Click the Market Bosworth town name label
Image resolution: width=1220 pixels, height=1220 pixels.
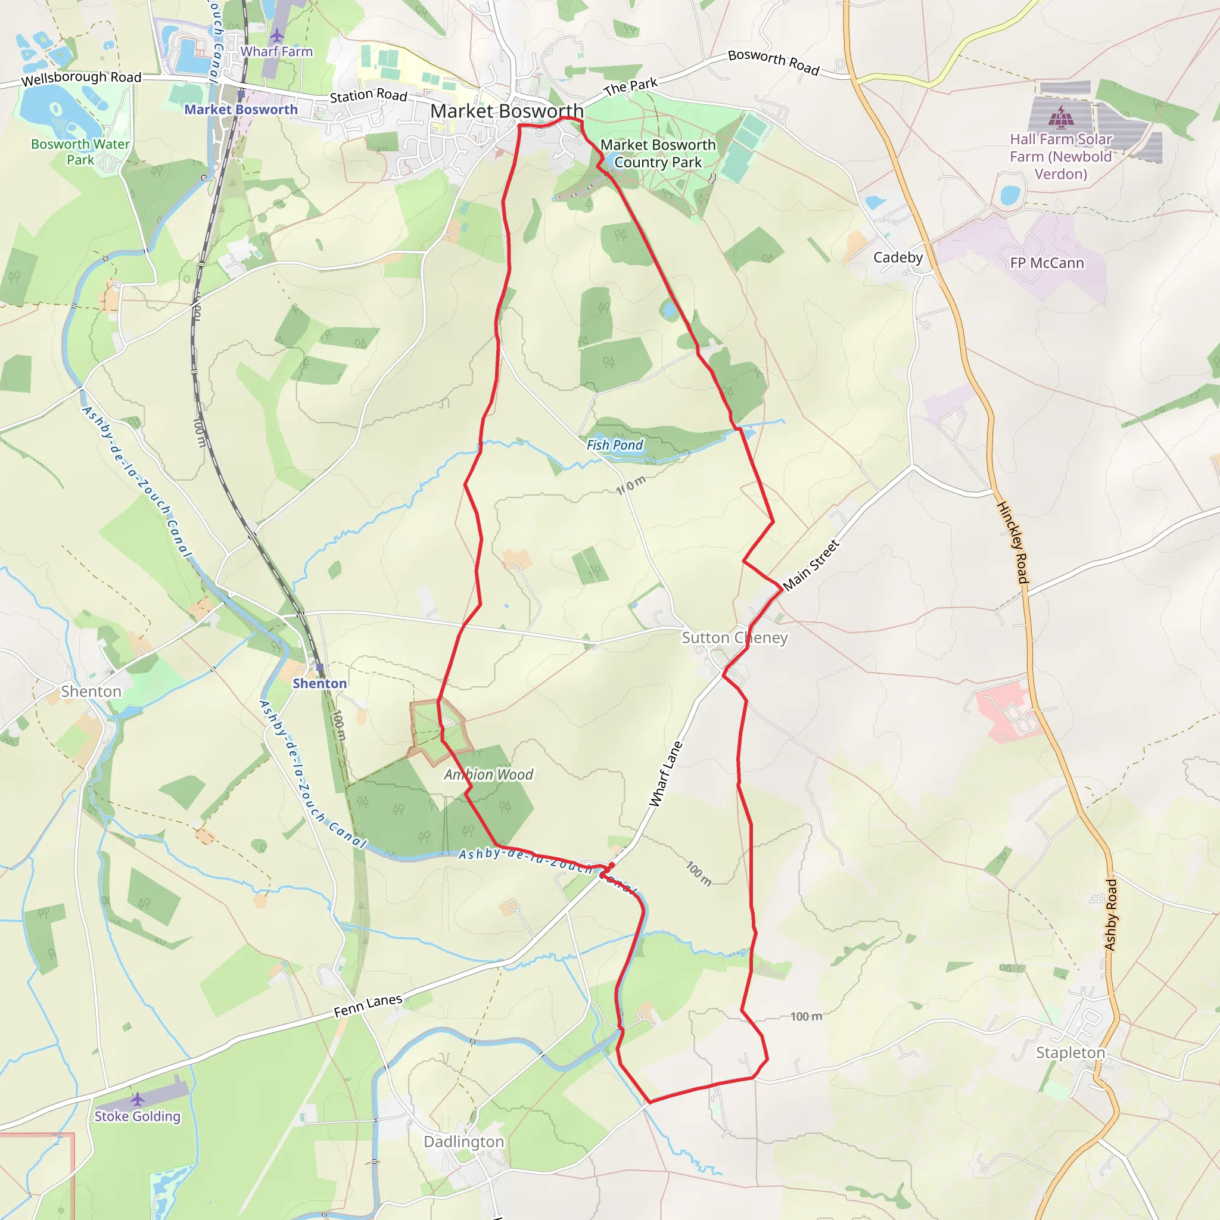(x=506, y=111)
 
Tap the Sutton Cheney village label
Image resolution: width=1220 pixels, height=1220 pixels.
(x=735, y=638)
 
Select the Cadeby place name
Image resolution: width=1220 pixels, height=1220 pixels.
(x=898, y=257)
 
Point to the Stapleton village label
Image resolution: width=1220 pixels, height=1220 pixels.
(x=1070, y=1053)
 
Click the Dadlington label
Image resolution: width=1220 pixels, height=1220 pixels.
(x=464, y=1142)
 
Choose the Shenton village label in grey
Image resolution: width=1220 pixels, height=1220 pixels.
(x=91, y=692)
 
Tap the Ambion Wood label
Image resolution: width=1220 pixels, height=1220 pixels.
(x=488, y=775)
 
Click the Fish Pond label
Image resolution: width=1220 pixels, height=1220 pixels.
(x=614, y=445)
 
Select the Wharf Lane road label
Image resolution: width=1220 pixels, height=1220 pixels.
(x=666, y=774)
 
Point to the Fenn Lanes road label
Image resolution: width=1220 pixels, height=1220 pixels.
(x=368, y=1006)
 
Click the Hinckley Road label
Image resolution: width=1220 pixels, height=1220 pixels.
(x=1013, y=543)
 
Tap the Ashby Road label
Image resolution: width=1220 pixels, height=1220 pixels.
(x=1111, y=915)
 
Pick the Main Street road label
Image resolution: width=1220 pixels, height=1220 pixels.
(x=811, y=565)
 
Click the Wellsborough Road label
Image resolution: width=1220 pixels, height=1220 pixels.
(x=82, y=78)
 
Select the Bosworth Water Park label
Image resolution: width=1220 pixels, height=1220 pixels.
(x=80, y=152)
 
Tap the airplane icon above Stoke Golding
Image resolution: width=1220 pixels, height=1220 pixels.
(x=138, y=1100)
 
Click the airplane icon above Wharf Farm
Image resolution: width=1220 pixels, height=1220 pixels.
(x=276, y=35)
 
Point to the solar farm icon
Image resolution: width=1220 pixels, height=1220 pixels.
(x=1061, y=117)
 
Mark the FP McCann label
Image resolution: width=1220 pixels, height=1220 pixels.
(x=1047, y=263)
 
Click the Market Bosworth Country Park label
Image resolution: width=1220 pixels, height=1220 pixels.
(x=658, y=154)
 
